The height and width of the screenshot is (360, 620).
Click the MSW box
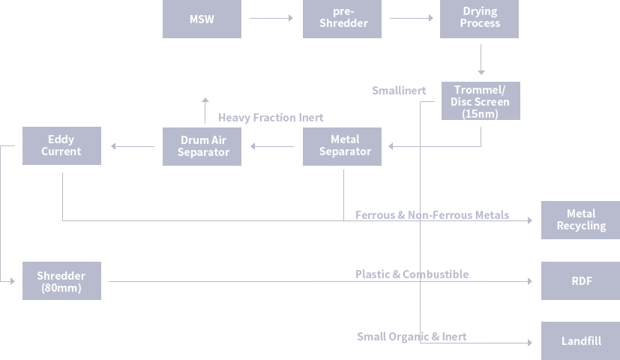tap(202, 19)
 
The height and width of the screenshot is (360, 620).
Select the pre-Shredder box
tap(342, 19)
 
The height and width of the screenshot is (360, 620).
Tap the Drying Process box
tap(479, 19)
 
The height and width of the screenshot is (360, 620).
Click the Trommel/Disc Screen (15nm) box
tap(480, 101)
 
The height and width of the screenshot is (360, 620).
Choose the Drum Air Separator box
tap(202, 146)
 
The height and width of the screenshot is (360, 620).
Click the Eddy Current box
tap(61, 145)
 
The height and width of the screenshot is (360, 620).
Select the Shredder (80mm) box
tap(61, 281)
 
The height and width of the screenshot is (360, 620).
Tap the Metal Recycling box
tap(580, 220)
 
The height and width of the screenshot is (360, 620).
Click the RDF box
tap(580, 281)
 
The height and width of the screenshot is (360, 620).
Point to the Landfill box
tap(580, 341)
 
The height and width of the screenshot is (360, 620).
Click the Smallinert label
tap(399, 91)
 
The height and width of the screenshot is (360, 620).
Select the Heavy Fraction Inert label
tap(271, 118)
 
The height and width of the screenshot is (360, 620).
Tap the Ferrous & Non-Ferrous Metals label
tap(432, 215)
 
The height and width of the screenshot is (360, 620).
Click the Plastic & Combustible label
tap(412, 274)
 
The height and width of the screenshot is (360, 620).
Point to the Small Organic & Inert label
tap(412, 337)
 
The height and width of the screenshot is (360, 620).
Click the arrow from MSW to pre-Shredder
tap(271, 18)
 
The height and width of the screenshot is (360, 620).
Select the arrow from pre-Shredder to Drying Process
tap(412, 18)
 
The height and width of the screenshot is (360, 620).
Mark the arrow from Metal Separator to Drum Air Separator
tap(273, 146)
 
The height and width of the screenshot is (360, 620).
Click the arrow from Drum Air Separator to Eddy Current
tap(132, 146)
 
